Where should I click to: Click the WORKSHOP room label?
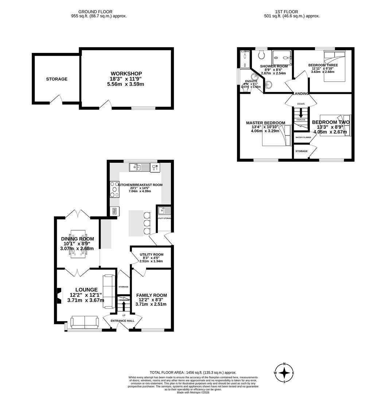pyautogui.click(x=126, y=74)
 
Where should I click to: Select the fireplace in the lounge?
pyautogui.click(x=59, y=295)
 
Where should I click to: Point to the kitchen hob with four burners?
pyautogui.click(x=114, y=189)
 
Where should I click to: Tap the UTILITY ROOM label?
pyautogui.click(x=151, y=255)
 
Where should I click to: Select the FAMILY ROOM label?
pyautogui.click(x=151, y=295)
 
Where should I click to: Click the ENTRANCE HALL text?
pyautogui.click(x=122, y=321)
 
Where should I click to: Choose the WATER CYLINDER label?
pyautogui.click(x=303, y=138)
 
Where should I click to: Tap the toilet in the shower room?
pyautogui.click(x=261, y=55)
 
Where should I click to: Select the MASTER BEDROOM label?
pyautogui.click(x=265, y=123)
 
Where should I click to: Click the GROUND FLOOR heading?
pyautogui.click(x=95, y=12)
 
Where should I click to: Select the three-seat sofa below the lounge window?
pyautogui.click(x=84, y=321)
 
